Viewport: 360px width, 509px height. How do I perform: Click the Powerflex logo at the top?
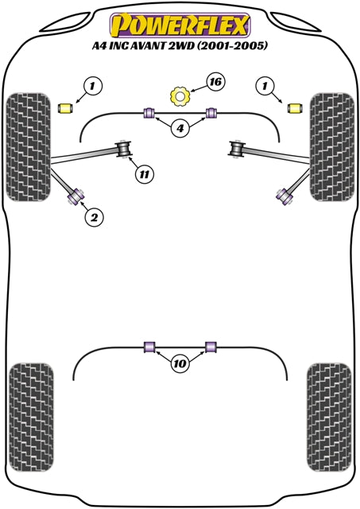[x=180, y=25]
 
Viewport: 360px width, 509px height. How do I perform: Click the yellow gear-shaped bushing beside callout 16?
[x=180, y=95]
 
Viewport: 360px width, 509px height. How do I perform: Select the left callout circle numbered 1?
[x=93, y=87]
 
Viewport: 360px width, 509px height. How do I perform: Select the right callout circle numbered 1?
[x=265, y=87]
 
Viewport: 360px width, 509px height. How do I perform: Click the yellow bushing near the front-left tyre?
[x=65, y=108]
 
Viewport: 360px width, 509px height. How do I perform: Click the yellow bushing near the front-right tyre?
[x=295, y=108]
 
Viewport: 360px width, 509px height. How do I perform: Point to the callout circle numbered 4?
[x=180, y=129]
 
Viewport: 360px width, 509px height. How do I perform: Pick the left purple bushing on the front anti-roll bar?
[x=149, y=112]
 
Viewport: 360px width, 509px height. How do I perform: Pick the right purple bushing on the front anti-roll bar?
[x=211, y=112]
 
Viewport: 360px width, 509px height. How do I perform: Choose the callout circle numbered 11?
[x=145, y=175]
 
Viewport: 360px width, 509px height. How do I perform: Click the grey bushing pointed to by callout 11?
[x=123, y=149]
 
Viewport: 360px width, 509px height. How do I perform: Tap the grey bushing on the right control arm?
[x=237, y=150]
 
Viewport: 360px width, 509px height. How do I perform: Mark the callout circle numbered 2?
[x=94, y=217]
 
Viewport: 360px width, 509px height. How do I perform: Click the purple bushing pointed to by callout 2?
[x=76, y=196]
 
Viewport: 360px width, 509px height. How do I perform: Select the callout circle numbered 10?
[x=180, y=363]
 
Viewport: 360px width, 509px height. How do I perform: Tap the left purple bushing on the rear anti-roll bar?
[x=149, y=347]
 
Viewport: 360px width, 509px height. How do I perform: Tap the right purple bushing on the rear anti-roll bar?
[x=211, y=347]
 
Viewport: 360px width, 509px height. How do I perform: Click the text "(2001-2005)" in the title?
[x=232, y=46]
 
